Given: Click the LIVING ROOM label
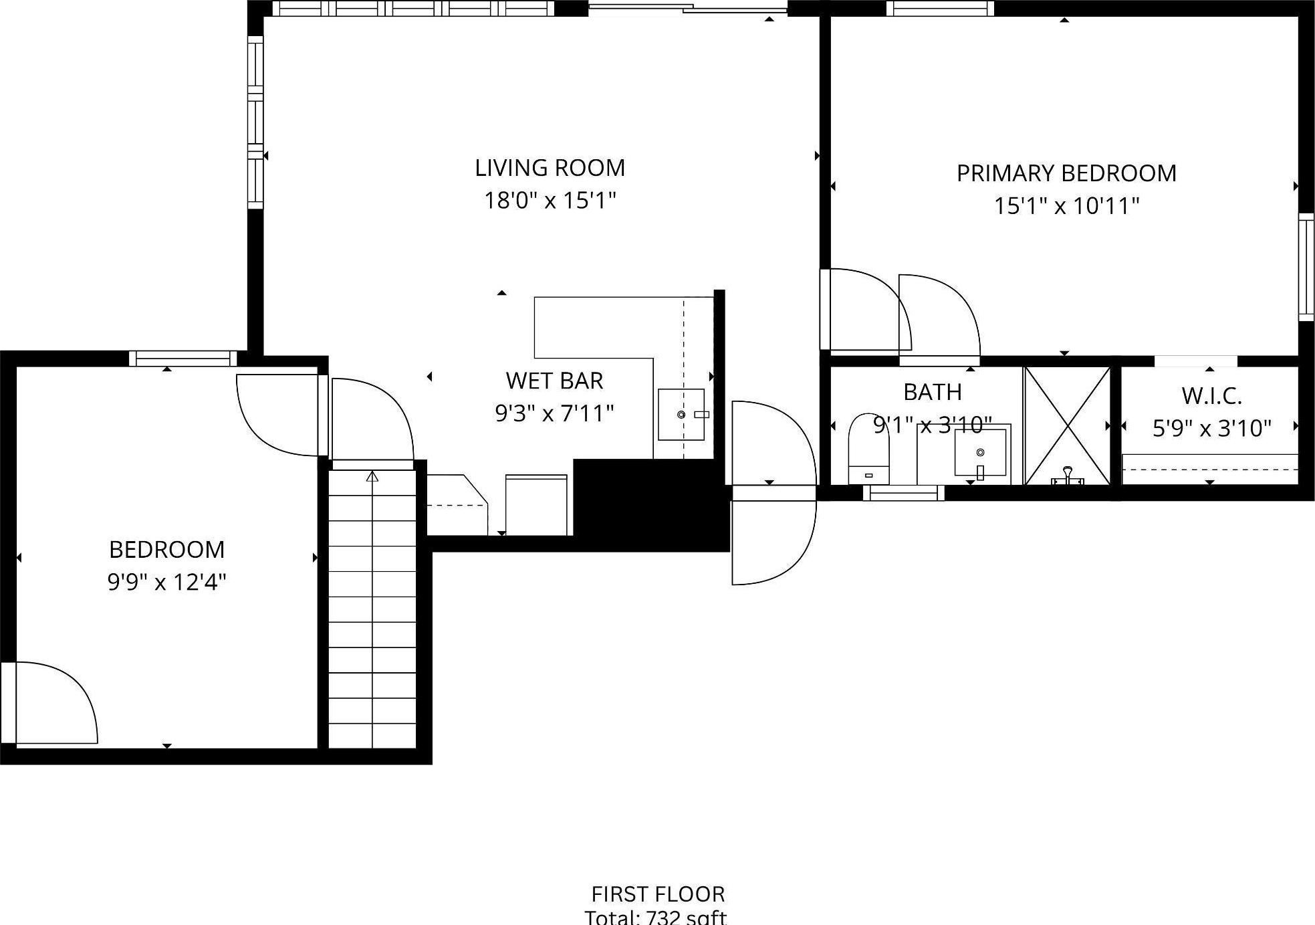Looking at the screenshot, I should tap(550, 168).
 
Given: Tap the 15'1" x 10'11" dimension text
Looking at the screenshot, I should tap(1066, 206).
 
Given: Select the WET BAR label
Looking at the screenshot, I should tap(554, 381).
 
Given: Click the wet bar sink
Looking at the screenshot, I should tap(681, 415).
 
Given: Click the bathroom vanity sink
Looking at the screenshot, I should tap(980, 453).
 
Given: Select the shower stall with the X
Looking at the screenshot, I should tap(1067, 425).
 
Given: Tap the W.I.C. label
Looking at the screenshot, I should tap(1211, 396).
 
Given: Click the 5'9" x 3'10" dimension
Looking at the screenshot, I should tap(1211, 428).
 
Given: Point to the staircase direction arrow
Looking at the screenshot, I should tap(372, 476).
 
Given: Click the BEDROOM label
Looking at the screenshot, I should tap(166, 550).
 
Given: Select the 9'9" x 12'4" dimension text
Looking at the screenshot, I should tap(166, 583).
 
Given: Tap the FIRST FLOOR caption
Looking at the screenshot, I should tap(657, 894).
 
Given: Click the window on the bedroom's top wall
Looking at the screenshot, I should tap(183, 358).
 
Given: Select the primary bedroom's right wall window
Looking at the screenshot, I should tap(1306, 267).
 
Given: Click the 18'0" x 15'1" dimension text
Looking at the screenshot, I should tap(550, 200).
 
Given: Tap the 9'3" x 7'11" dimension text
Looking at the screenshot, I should tap(554, 413).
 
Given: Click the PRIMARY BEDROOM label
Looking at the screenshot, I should tap(1066, 174).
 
